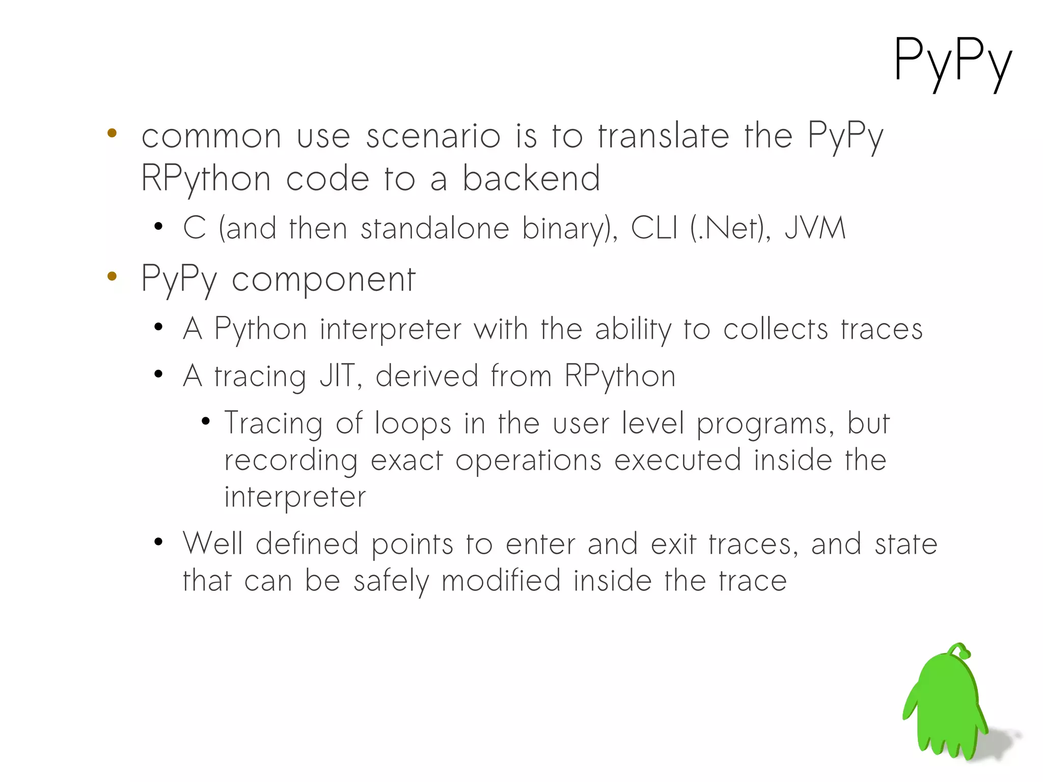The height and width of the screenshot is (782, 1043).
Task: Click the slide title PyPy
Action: (x=952, y=61)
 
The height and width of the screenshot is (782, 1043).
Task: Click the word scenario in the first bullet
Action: (x=433, y=137)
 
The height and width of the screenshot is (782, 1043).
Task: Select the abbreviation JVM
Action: (x=815, y=228)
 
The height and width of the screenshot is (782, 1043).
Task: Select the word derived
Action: (x=427, y=376)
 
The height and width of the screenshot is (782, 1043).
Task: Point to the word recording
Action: (x=291, y=461)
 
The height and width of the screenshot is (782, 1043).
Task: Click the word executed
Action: (x=677, y=460)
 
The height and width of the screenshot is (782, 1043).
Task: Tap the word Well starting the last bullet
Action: (x=213, y=544)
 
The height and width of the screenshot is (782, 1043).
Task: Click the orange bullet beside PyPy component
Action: (x=112, y=277)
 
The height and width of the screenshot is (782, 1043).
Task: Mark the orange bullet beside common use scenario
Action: (x=112, y=133)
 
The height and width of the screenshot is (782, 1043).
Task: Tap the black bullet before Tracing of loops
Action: (x=206, y=421)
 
